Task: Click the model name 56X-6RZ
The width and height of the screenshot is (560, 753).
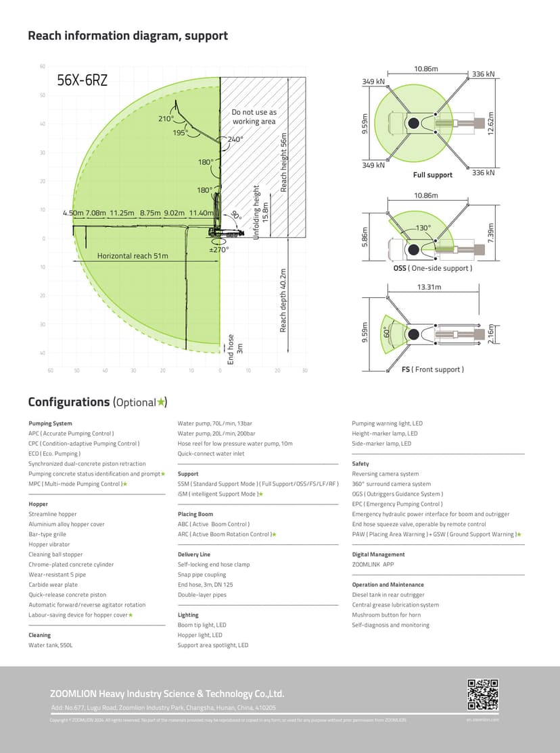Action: point(82,81)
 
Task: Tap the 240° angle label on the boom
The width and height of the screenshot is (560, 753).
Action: point(235,139)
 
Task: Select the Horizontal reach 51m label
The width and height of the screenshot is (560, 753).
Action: point(133,256)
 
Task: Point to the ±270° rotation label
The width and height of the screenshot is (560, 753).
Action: point(218,249)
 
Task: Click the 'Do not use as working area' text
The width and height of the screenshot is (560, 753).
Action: point(254,117)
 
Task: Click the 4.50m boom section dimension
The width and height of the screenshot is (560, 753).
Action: point(72,213)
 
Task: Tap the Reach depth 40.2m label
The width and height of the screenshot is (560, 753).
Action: point(283,301)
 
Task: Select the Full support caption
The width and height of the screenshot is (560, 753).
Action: point(433,175)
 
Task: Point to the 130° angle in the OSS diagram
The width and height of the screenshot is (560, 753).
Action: point(423,228)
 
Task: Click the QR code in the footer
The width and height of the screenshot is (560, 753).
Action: point(483,695)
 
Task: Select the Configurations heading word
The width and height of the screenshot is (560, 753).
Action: point(68,402)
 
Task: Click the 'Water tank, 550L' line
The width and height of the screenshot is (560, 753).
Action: point(50,645)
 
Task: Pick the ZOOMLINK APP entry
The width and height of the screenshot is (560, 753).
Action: point(373,565)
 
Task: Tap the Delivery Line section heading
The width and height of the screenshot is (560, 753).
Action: point(194,554)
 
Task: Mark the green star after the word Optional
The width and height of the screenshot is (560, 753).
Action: point(160,402)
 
